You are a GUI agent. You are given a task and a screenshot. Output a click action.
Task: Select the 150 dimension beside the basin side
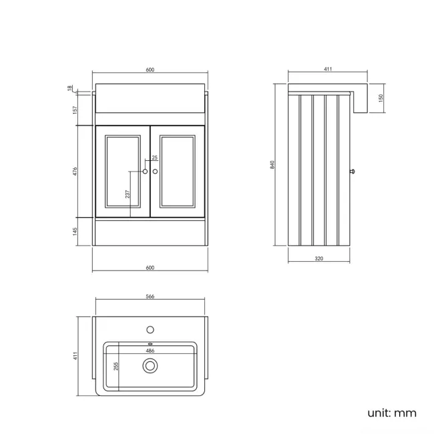381,97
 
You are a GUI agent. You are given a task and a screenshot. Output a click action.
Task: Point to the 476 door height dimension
75,172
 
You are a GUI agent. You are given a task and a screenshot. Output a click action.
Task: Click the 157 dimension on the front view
75,109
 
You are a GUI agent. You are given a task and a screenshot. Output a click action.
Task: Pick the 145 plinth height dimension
75,231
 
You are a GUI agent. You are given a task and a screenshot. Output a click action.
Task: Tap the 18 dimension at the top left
69,87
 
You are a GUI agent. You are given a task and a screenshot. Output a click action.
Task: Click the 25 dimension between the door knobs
155,158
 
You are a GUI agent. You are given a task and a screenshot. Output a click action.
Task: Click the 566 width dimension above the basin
150,297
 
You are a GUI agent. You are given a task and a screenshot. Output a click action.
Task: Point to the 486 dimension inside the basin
150,349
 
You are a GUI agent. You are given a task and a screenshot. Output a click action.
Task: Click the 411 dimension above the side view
328,69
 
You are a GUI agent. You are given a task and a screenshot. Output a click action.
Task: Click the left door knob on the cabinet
146,172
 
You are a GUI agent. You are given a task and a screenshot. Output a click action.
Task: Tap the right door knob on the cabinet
156,172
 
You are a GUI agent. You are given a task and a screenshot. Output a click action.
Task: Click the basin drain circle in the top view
150,365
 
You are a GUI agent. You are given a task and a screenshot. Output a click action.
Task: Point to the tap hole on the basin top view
150,329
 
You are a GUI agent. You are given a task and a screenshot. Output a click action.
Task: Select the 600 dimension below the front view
150,268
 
